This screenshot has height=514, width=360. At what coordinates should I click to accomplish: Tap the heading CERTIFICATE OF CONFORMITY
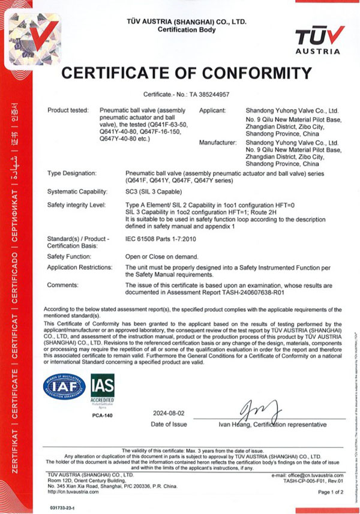(x=187, y=74)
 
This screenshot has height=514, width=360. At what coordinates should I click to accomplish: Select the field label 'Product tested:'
(x=67, y=111)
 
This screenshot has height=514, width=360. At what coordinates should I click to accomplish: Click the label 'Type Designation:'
(x=71, y=173)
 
